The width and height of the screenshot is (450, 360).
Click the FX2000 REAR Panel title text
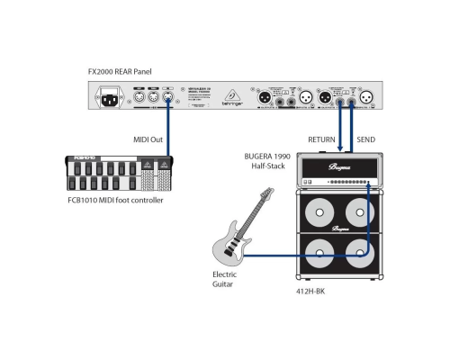(116, 68)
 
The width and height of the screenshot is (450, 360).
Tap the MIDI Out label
(148, 138)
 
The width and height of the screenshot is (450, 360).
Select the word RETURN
(321, 139)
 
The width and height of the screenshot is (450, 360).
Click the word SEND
(365, 139)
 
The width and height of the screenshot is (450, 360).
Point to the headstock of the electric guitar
(267, 193)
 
